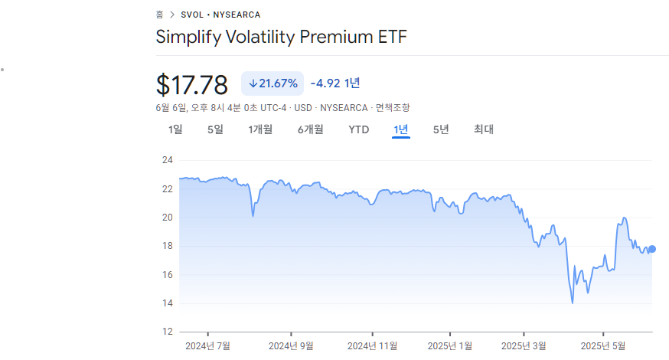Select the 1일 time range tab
tap(175, 129)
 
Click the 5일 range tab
tap(215, 129)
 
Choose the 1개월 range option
tap(260, 129)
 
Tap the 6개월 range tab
tap(311, 129)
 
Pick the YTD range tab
tap(359, 129)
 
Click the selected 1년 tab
tap(400, 129)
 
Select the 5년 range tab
tap(441, 129)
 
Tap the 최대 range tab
tap(484, 129)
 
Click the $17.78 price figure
tap(192, 84)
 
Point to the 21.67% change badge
tap(272, 83)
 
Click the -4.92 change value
tap(325, 83)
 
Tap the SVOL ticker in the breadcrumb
tap(192, 15)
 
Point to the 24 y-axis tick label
tap(168, 160)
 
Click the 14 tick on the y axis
tap(168, 303)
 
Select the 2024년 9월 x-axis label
tap(291, 346)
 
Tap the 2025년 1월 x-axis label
tap(450, 346)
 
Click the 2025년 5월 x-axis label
tap(603, 346)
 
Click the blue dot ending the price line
tap(652, 249)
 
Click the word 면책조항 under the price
tap(393, 107)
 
